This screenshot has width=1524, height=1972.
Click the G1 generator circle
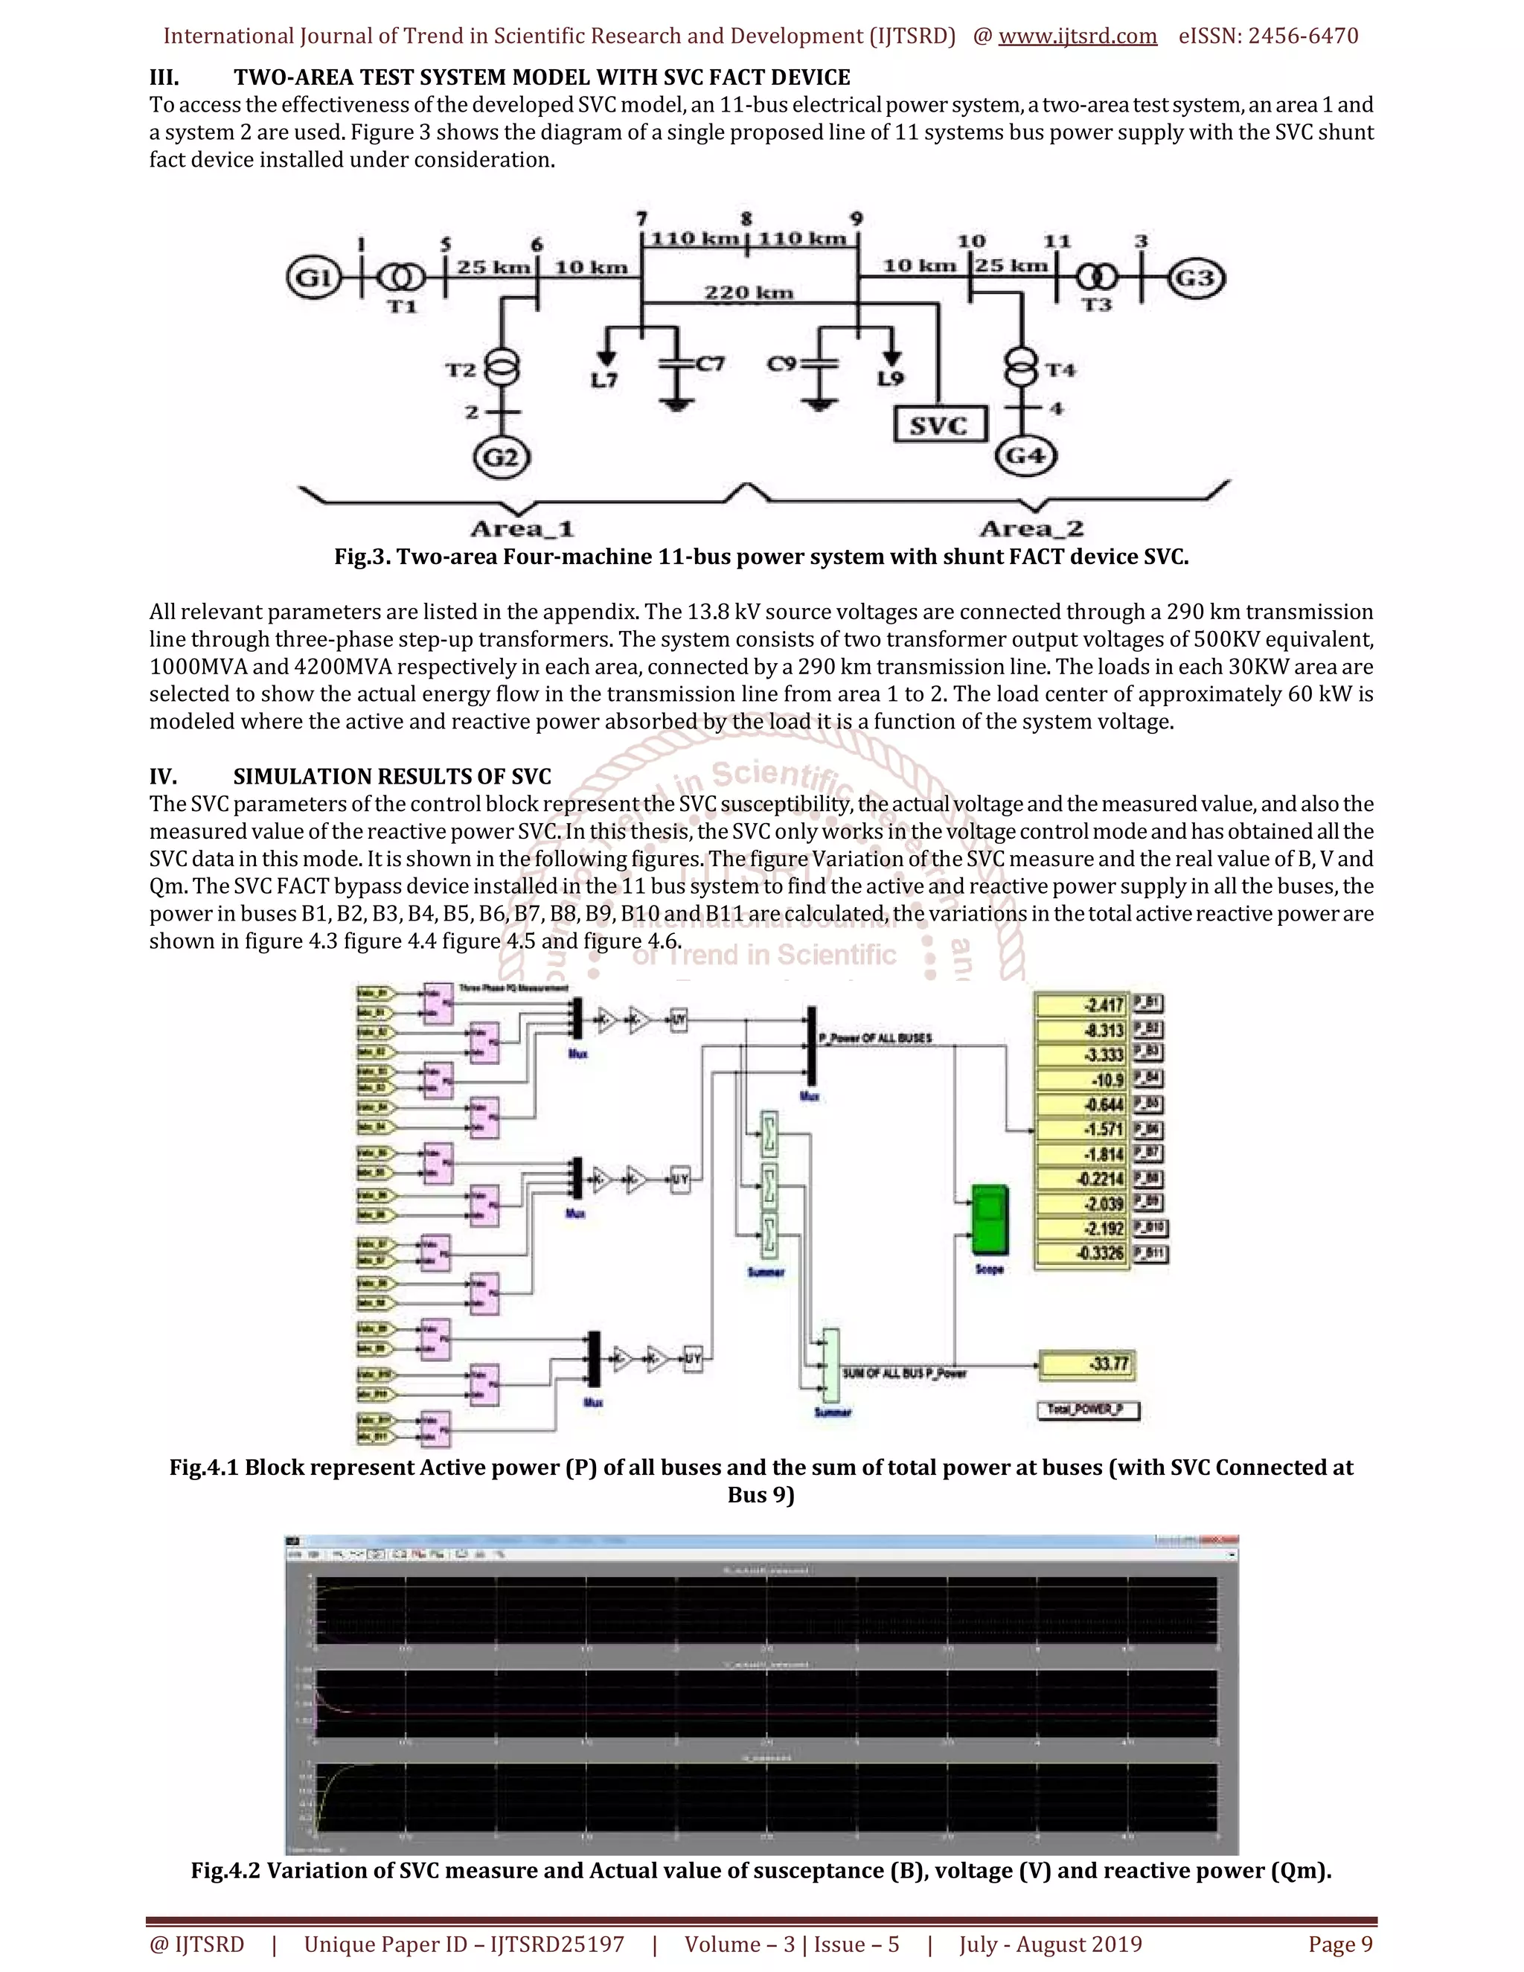click(313, 278)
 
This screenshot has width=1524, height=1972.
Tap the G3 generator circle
click(1197, 278)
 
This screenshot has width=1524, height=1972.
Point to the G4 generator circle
click(1025, 455)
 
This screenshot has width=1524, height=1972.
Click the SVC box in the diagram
click(939, 424)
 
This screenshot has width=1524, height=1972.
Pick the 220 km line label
click(749, 292)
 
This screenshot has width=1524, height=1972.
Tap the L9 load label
click(890, 380)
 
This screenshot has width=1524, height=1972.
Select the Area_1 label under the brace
click(522, 528)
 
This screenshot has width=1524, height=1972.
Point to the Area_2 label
click(1031, 528)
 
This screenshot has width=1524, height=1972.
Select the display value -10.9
click(1081, 1080)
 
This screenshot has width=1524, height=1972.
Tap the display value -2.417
click(1081, 1005)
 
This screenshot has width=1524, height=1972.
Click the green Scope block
click(990, 1220)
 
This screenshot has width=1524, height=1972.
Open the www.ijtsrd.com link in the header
click(1077, 36)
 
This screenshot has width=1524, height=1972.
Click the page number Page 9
click(1341, 1944)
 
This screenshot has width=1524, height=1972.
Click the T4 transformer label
click(1061, 370)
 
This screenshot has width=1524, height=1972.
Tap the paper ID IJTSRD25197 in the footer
click(557, 1944)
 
